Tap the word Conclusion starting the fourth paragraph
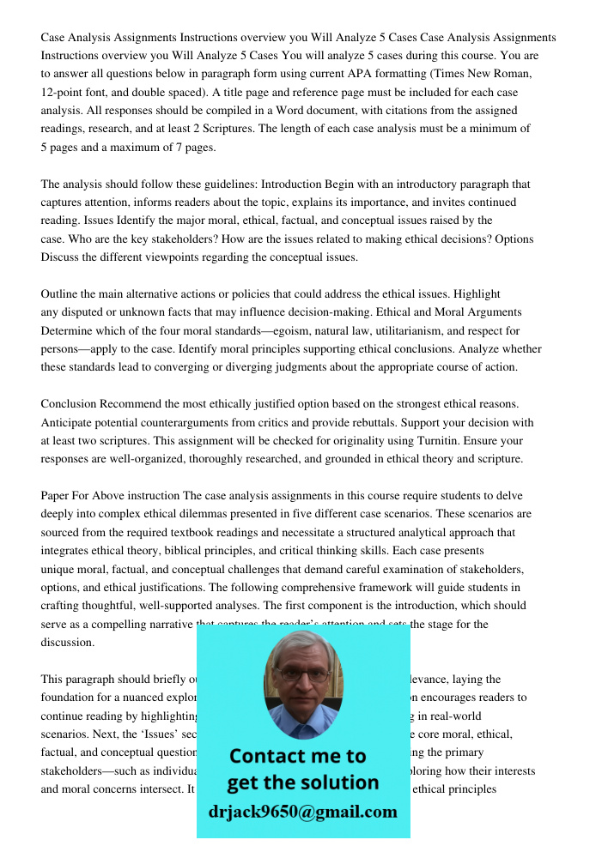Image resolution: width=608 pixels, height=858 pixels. [69, 403]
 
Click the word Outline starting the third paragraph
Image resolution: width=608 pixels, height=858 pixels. [60, 293]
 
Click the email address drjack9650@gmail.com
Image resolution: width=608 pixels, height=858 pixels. [303, 811]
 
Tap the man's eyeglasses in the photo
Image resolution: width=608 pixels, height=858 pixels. [302, 675]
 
